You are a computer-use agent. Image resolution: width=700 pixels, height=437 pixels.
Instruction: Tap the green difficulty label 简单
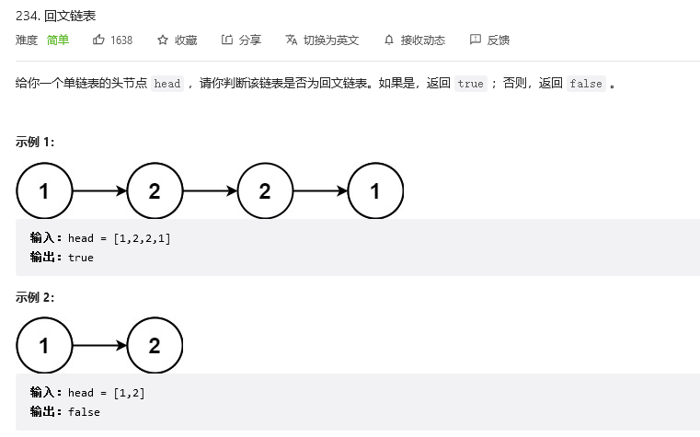58,40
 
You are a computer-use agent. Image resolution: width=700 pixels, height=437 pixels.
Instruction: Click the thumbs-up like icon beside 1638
98,40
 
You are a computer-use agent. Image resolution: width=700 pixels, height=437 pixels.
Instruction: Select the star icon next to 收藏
163,40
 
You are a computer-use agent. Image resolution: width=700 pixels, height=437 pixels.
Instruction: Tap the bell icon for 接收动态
389,40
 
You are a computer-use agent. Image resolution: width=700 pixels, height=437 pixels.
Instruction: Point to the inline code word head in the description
167,84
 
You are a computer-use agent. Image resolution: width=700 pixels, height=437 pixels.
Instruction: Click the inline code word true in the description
470,84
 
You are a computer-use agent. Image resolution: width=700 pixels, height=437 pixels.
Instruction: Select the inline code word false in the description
586,84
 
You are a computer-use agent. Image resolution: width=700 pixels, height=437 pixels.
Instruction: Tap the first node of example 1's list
44,191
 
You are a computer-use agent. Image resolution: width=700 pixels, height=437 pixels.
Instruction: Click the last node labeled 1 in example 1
375,191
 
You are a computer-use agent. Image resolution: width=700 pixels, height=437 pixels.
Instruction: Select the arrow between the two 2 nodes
210,191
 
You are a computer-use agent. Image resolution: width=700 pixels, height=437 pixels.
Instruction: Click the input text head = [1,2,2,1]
120,238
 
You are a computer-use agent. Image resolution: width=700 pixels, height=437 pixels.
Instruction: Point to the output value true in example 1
81,258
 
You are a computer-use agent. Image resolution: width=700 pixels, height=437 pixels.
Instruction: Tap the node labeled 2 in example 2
155,346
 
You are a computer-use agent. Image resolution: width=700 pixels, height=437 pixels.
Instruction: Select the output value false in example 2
84,412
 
